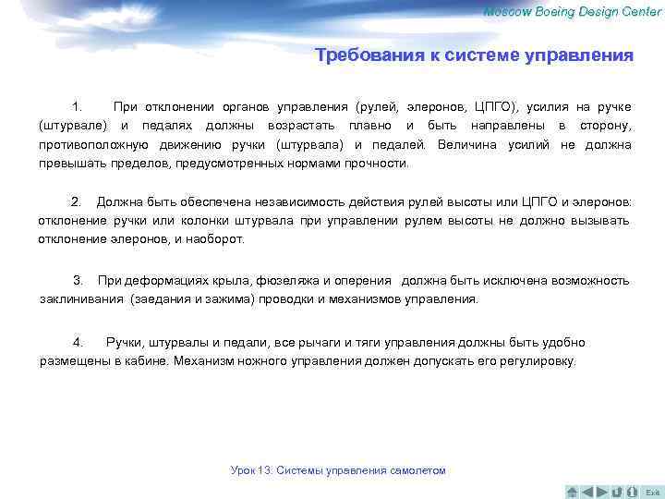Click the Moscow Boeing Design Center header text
[x=573, y=11]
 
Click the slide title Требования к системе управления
[x=474, y=55]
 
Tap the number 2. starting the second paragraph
[x=77, y=201]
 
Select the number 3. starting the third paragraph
[x=79, y=280]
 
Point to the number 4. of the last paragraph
[x=79, y=342]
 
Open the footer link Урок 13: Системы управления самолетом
[x=338, y=470]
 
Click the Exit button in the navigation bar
[x=652, y=491]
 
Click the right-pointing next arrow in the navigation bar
[x=602, y=491]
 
